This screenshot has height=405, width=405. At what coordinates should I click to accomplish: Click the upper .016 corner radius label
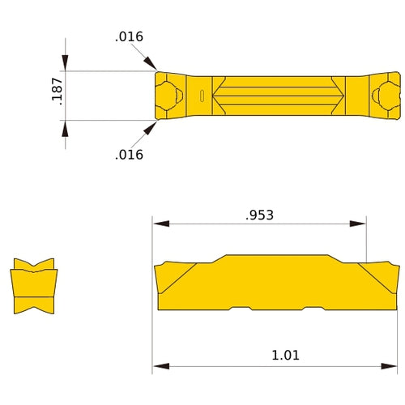pyautogui.click(x=129, y=36)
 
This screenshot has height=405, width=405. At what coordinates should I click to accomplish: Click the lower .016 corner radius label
pyautogui.click(x=129, y=154)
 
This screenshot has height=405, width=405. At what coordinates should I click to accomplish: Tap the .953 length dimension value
pyautogui.click(x=259, y=215)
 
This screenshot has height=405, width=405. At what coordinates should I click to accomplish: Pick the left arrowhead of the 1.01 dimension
pyautogui.click(x=160, y=366)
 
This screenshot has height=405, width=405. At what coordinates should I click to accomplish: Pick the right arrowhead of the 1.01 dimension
pyautogui.click(x=393, y=366)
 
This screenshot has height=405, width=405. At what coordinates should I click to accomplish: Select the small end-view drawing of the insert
pyautogui.click(x=33, y=287)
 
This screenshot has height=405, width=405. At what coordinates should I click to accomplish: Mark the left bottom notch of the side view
pyautogui.click(x=241, y=309)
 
